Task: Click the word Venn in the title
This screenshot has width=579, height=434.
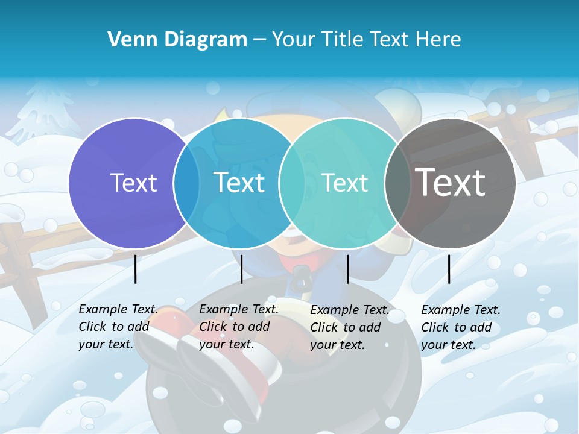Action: (x=126, y=40)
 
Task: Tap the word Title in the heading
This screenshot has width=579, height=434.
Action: (x=342, y=40)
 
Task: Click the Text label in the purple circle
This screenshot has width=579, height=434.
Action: (x=133, y=183)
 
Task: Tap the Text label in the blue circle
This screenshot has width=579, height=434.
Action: (x=239, y=183)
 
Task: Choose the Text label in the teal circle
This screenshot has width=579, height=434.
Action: (x=344, y=183)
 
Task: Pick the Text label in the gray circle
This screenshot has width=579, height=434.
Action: (x=450, y=182)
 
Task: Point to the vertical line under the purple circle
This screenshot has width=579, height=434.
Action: (x=136, y=269)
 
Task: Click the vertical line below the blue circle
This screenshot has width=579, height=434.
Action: (x=241, y=269)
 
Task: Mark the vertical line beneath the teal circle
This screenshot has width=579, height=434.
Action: (x=347, y=269)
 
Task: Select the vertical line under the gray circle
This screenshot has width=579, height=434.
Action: (x=449, y=269)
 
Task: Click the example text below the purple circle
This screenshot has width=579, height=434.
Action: (x=118, y=327)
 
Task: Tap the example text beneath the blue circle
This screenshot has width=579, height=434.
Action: (x=239, y=327)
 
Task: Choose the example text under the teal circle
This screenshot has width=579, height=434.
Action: (x=350, y=327)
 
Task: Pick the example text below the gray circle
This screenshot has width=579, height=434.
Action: (x=461, y=327)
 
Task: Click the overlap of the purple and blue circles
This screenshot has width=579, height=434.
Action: (x=186, y=183)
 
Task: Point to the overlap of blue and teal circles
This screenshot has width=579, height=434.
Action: (x=292, y=183)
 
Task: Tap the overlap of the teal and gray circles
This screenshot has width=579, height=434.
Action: (x=397, y=183)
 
